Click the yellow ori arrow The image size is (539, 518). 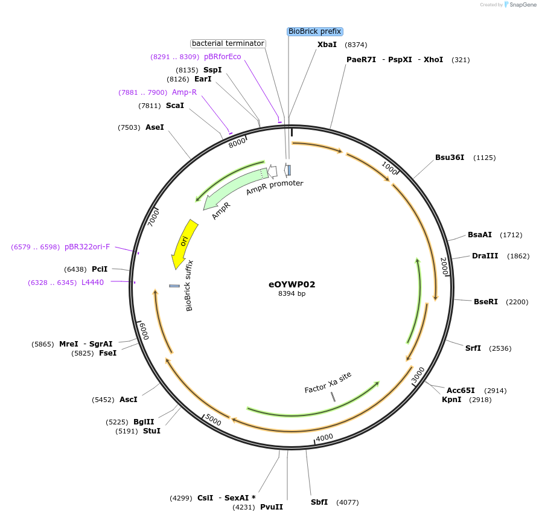tap(183, 243)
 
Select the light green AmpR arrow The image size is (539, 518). tap(235, 188)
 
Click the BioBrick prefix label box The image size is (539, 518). tap(314, 31)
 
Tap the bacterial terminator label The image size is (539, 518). tap(228, 43)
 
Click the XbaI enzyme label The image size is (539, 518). tap(327, 45)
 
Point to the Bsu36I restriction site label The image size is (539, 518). tap(450, 158)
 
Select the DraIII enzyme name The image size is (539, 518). tap(485, 256)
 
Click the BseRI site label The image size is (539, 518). tap(486, 302)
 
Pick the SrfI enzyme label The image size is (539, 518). tap(473, 348)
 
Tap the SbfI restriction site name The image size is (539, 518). tap(319, 502)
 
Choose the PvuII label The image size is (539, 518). tap(272, 507)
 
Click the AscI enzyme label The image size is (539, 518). tap(129, 400)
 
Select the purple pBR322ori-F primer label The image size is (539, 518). tap(88, 247)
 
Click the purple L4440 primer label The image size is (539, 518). tap(92, 283)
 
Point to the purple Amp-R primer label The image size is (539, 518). tap(184, 92)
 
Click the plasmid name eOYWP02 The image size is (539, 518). tap(292, 284)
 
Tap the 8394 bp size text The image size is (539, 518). tap(292, 294)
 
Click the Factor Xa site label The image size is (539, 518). tap(328, 382)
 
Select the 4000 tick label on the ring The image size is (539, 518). tap(325, 436)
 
